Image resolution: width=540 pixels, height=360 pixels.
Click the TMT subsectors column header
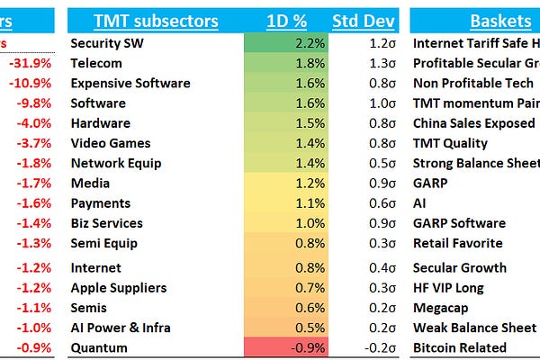[x=156, y=22]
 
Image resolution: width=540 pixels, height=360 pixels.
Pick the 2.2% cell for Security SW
[x=285, y=43]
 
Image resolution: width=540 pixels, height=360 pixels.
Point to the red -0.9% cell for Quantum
[x=285, y=347]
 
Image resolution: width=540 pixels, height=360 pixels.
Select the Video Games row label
[x=111, y=143]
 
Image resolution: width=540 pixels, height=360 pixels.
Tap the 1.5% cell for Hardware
[x=285, y=123]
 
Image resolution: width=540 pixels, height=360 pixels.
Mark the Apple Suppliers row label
[x=118, y=288]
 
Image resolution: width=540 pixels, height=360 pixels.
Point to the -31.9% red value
[x=30, y=63]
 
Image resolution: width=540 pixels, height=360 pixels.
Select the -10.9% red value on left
[x=30, y=83]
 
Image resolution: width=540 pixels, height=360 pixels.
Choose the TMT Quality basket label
[x=450, y=143]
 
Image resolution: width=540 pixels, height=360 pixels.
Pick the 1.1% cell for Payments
[x=285, y=203]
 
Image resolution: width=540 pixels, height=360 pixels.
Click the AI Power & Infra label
[x=120, y=328]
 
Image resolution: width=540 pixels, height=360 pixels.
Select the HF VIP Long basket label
[x=448, y=288]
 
